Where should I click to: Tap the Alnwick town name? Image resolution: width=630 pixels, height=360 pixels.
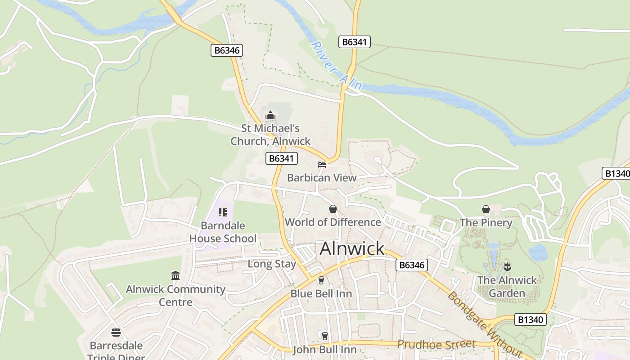tap(352, 248)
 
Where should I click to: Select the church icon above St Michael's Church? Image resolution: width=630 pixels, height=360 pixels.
tap(270, 116)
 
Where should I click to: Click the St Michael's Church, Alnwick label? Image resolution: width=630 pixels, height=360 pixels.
tap(270, 135)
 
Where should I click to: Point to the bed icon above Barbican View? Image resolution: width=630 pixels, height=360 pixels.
tap(322, 165)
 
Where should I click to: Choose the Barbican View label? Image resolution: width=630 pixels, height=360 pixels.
tap(322, 178)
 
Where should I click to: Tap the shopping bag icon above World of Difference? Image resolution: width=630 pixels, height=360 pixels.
tap(333, 209)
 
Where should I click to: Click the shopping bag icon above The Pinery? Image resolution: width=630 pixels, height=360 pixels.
tap(486, 209)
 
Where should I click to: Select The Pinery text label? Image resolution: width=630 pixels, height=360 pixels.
tap(486, 223)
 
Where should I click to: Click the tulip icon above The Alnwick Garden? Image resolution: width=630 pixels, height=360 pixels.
tap(507, 266)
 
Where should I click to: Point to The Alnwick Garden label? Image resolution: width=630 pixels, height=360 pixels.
tap(507, 287)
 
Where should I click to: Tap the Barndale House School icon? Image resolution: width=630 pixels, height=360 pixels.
tap(223, 212)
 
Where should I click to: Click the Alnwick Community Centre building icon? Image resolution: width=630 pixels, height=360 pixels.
tap(175, 275)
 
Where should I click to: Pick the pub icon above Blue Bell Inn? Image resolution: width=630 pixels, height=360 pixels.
tap(321, 280)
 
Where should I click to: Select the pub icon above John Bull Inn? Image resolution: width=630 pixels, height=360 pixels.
tap(324, 336)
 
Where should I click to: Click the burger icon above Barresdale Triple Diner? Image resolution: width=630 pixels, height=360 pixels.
tap(116, 333)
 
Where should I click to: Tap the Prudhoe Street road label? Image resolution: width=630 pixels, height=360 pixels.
tap(436, 344)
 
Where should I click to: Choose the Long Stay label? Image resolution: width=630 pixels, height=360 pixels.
tap(272, 264)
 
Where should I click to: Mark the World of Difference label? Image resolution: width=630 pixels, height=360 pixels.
tap(333, 222)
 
